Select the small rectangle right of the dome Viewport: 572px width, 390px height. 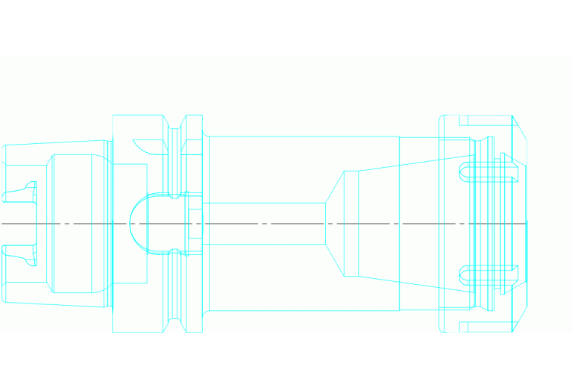pyautogui.click(x=194, y=223)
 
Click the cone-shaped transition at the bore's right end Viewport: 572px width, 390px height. pyautogui.click(x=334, y=223)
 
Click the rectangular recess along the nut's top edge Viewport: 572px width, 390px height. pyautogui.click(x=485, y=121)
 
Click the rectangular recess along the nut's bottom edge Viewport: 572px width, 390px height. pyautogui.click(x=485, y=327)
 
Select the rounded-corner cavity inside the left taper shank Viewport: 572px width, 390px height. pyautogui.click(x=75, y=223)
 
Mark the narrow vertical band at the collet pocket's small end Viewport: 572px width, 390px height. pyautogui.click(x=351, y=223)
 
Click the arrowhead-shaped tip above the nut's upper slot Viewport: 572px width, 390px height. pyautogui.click(x=506, y=157)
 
